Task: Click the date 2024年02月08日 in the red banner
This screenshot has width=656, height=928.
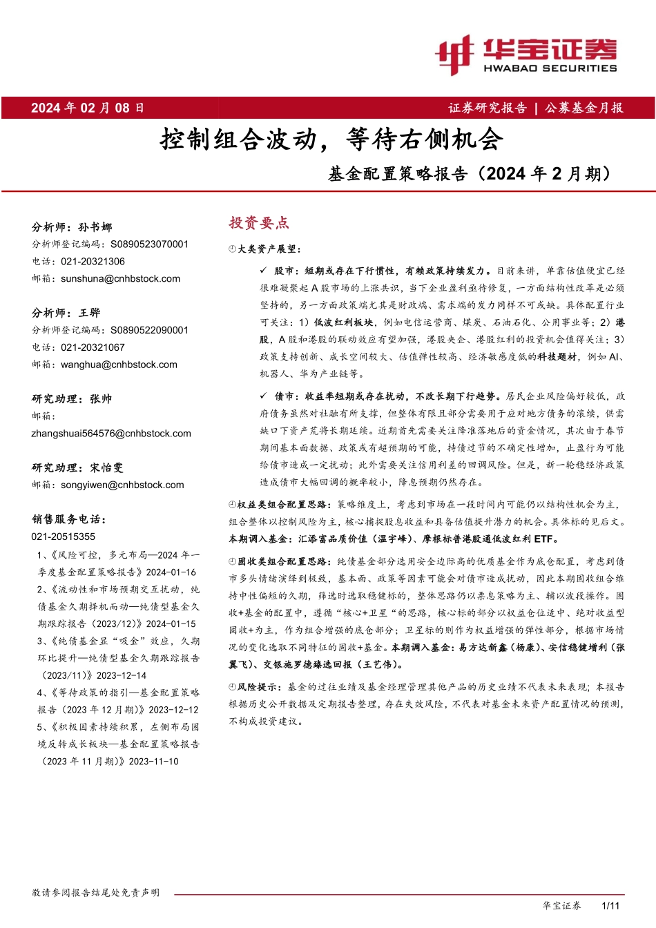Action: (x=88, y=108)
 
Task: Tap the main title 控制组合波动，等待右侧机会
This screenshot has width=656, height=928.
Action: (x=331, y=139)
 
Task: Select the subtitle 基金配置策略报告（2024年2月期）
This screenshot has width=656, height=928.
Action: (x=470, y=174)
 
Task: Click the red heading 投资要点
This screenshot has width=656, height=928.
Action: (x=259, y=223)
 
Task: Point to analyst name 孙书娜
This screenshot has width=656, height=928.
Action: (x=95, y=227)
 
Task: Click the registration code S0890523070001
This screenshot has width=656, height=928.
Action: (x=149, y=244)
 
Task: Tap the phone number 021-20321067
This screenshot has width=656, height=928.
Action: (x=93, y=347)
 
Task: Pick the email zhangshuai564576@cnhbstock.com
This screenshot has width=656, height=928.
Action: (x=111, y=434)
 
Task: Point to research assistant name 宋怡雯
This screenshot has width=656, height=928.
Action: (x=106, y=467)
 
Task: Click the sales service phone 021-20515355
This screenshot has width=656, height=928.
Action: (x=64, y=536)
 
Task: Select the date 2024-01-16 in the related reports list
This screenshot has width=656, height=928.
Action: (x=171, y=572)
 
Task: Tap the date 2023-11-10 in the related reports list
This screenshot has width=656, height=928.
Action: (x=153, y=762)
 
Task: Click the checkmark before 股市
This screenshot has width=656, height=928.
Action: (x=263, y=271)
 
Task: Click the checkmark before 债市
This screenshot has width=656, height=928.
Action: (x=263, y=396)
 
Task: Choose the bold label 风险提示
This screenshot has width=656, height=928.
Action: (x=258, y=687)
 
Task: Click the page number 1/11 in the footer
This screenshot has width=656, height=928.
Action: (x=611, y=905)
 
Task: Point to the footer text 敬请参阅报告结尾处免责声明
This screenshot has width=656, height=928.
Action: (x=95, y=893)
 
